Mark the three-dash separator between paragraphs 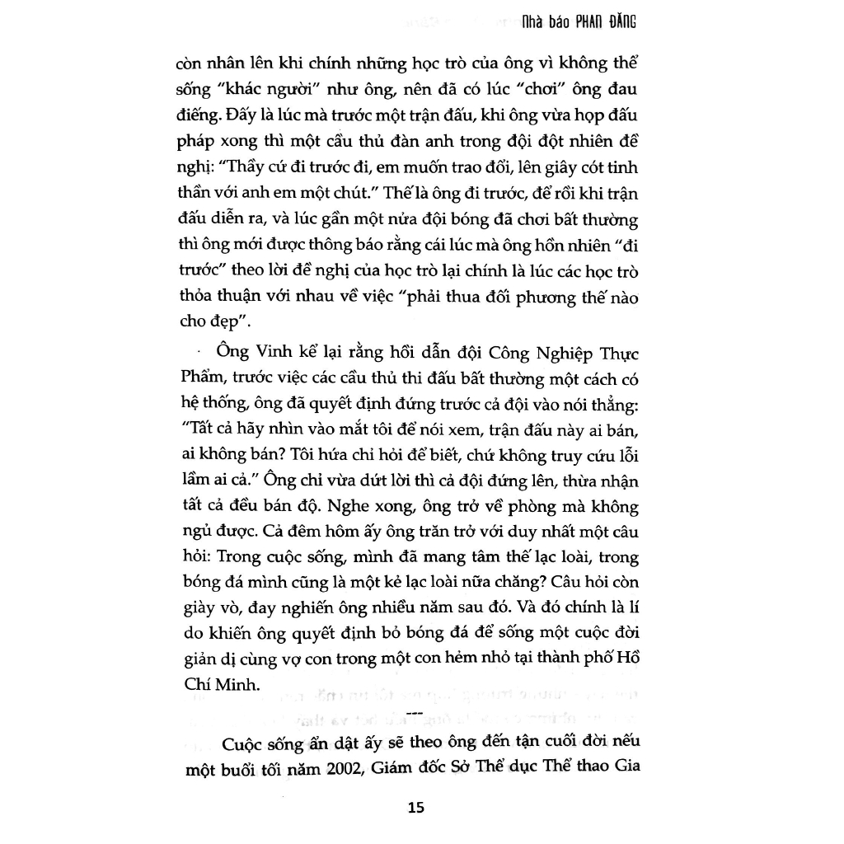[x=415, y=713]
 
